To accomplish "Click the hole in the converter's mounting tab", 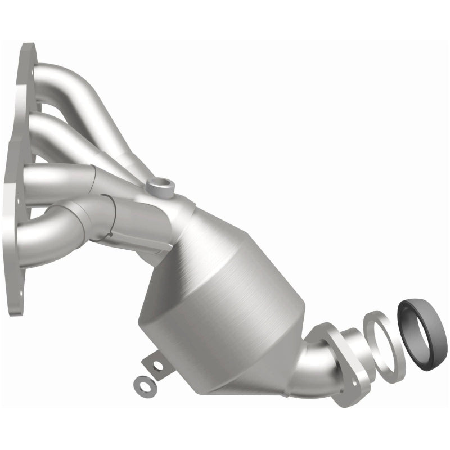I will [157, 366].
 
